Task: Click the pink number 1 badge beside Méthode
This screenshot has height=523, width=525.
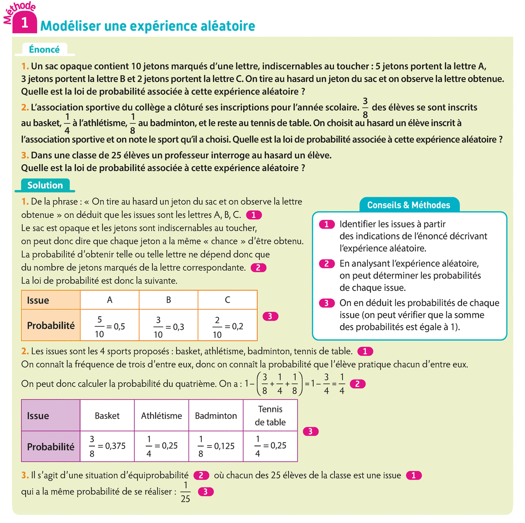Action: coord(24,22)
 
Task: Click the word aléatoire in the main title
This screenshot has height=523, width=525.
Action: coord(227,26)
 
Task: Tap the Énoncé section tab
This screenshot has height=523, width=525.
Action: coord(44,49)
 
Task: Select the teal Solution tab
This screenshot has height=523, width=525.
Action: coord(45,185)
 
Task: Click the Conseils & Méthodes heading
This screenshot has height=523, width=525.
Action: coord(408,205)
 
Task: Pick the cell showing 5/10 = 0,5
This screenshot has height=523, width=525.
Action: coord(110,326)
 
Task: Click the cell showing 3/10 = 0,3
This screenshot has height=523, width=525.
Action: coord(168,327)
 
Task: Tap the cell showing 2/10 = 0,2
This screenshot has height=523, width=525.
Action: coord(227,327)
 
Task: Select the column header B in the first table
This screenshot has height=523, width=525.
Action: coord(168,300)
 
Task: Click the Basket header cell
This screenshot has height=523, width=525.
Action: coord(107,416)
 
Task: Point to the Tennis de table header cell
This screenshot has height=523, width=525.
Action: coord(270,415)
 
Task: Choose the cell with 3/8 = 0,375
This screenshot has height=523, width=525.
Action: coord(107,446)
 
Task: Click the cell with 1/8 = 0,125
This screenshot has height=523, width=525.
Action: coord(216,446)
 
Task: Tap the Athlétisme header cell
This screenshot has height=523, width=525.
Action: coord(161,416)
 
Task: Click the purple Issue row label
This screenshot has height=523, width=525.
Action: coord(50,416)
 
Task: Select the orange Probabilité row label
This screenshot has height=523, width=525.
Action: coord(51,326)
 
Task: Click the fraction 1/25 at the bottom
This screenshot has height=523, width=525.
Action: coord(185,492)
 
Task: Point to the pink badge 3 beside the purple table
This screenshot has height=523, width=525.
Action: coord(310,432)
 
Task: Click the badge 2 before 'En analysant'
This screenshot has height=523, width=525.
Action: coord(326,264)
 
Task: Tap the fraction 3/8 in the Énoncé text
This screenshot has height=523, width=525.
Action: coord(365,108)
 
